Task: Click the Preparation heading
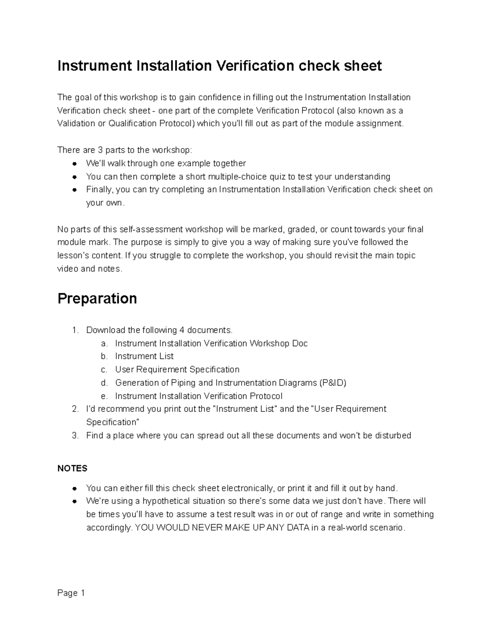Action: click(x=97, y=298)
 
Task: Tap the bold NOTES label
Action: click(x=72, y=468)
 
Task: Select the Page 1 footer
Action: click(x=71, y=593)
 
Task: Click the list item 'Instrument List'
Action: click(x=144, y=356)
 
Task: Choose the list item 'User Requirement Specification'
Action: click(x=177, y=370)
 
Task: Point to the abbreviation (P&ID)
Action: click(x=332, y=383)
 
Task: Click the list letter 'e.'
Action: click(x=104, y=396)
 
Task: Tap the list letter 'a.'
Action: click(x=104, y=343)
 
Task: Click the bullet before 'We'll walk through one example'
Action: click(x=75, y=164)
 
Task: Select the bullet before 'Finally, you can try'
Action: click(x=75, y=190)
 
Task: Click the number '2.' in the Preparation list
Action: click(x=75, y=409)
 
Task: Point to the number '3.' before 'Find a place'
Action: click(x=75, y=436)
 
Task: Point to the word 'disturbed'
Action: click(x=393, y=436)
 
